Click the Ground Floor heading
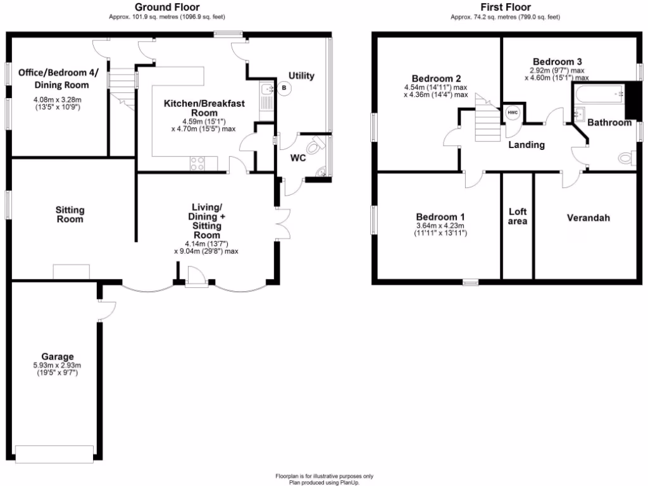click(x=168, y=7)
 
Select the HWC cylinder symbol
click(x=512, y=113)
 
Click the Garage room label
click(x=58, y=356)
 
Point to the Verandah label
click(x=588, y=218)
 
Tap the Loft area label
click(x=518, y=216)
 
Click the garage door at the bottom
click(x=55, y=452)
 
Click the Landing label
click(x=526, y=145)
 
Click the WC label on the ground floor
click(x=298, y=158)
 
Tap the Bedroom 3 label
click(x=557, y=61)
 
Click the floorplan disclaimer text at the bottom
click(x=324, y=479)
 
